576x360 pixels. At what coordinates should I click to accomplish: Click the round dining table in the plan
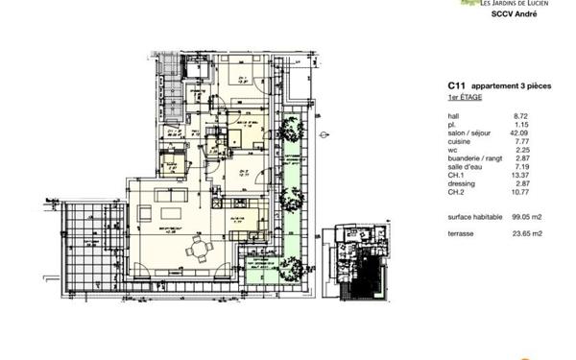200,250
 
